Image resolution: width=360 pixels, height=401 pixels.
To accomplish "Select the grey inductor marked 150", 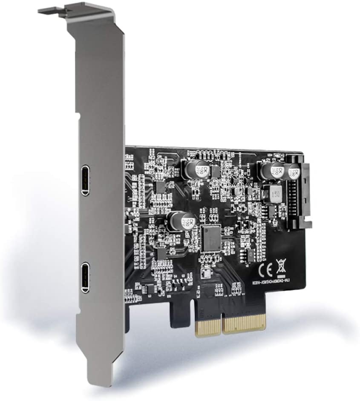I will pos(272,194).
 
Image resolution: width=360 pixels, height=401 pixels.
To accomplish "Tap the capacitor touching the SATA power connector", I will pos(294,171).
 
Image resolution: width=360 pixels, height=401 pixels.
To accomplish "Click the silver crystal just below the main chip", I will pos(207,274).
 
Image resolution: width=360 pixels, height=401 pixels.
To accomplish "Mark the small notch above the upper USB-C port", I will pos(78,115).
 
